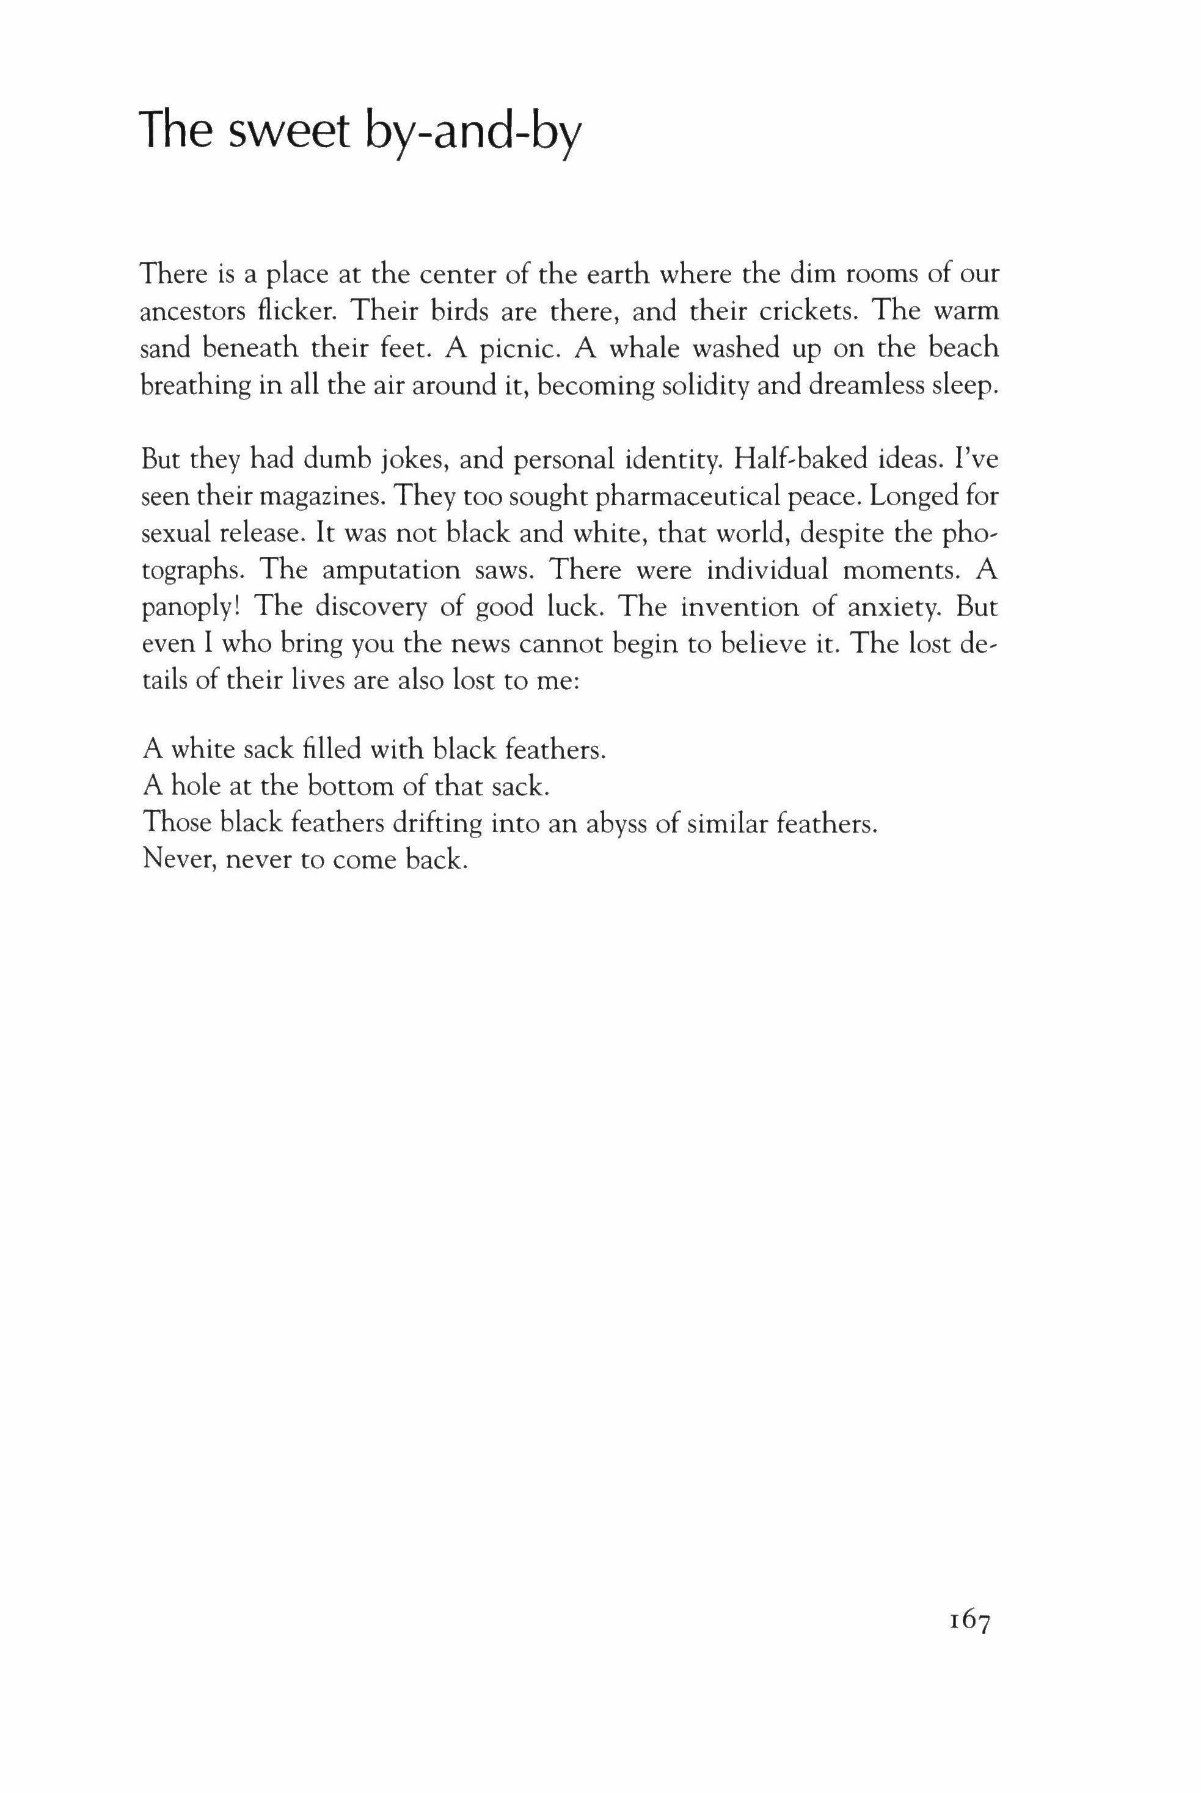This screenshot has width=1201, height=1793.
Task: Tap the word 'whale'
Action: (642, 348)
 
